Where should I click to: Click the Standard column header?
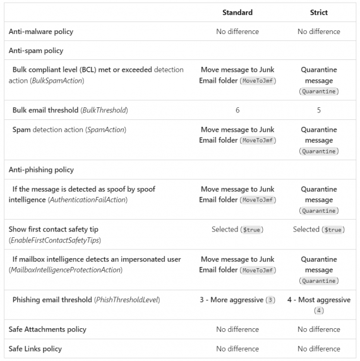click(237, 12)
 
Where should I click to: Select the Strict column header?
click(319, 12)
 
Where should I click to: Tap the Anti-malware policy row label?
click(39, 32)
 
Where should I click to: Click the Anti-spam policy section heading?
click(35, 50)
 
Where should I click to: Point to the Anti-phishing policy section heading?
click(41, 170)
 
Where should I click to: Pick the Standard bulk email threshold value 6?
click(237, 110)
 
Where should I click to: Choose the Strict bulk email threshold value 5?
click(319, 110)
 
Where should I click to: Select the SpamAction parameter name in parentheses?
click(104, 129)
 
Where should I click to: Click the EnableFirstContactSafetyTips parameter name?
click(55, 240)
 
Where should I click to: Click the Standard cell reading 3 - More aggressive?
click(237, 300)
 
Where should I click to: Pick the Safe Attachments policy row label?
click(47, 329)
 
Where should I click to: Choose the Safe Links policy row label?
click(36, 348)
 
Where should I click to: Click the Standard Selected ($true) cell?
click(237, 230)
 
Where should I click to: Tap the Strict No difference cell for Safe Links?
click(319, 348)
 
